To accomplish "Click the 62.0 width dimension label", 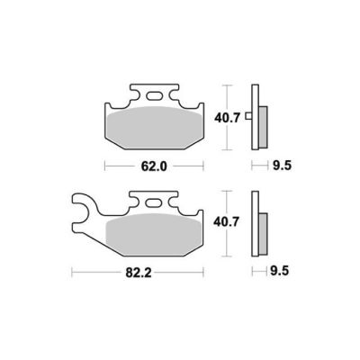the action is (x=154, y=166).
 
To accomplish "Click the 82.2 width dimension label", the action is (x=139, y=273).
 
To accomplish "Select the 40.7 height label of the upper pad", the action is (x=227, y=118).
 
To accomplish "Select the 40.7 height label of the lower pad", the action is (x=226, y=222).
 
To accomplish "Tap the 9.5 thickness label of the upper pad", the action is (x=282, y=166).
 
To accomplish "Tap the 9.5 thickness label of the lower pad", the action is (x=279, y=272).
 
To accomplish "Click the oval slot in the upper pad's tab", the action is (x=154, y=96).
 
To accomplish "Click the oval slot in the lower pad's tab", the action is (x=153, y=203).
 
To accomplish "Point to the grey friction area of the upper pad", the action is (x=155, y=128).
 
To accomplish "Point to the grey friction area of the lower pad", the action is (x=154, y=234).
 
